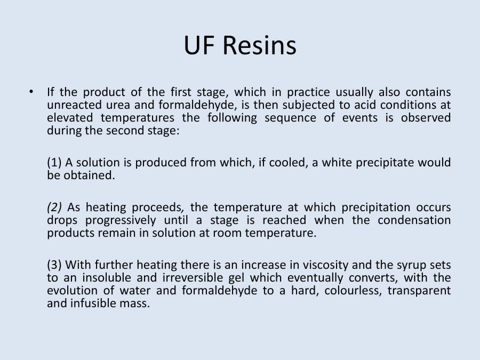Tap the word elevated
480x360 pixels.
70,117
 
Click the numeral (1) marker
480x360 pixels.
54,162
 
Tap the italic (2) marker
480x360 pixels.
55,207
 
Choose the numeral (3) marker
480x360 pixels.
54,265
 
